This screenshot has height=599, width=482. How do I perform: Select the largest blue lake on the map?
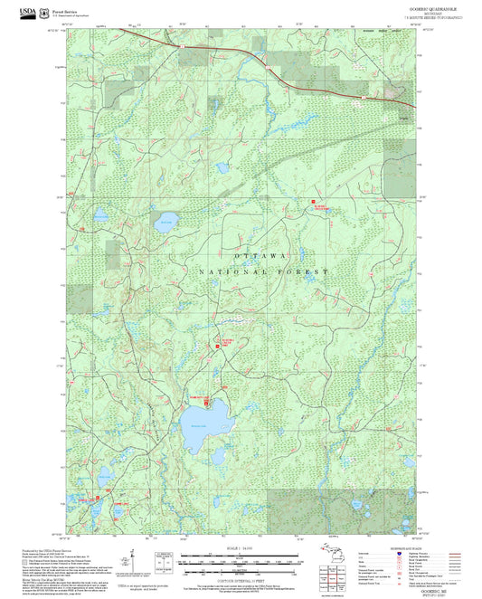tap(204, 437)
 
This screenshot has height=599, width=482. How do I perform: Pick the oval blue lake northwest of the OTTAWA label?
tap(165, 223)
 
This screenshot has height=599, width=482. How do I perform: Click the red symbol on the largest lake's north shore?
tap(205, 401)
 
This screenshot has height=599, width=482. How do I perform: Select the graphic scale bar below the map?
tap(241, 561)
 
